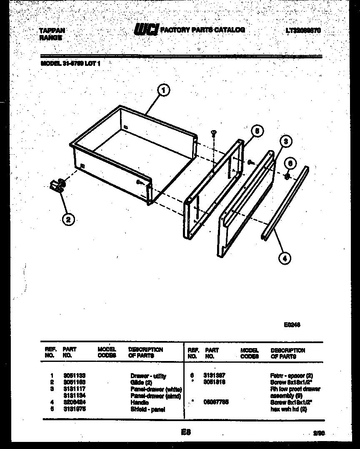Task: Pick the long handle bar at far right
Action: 285,203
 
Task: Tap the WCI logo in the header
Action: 146,30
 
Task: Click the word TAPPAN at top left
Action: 52,31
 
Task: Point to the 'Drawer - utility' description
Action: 148,376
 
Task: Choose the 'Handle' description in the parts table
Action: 140,403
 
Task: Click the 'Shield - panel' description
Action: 147,409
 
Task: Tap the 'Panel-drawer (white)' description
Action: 156,389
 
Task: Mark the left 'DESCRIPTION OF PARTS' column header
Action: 145,353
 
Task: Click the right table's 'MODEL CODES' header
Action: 250,353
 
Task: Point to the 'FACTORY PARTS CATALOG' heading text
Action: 202,30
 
